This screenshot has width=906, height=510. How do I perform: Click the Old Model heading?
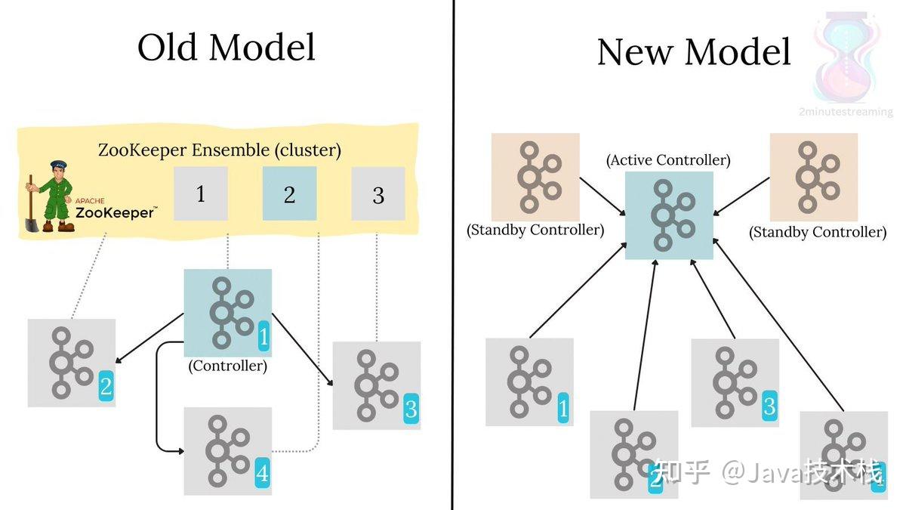click(x=226, y=48)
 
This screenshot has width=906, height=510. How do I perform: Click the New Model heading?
click(x=694, y=52)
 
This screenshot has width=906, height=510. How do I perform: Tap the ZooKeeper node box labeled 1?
click(x=200, y=194)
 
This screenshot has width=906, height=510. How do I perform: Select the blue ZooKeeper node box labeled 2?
click(x=289, y=194)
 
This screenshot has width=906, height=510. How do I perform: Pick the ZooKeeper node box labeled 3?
click(x=378, y=194)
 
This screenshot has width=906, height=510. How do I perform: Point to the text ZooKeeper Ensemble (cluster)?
click(x=219, y=150)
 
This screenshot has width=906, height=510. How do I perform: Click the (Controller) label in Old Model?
click(x=227, y=366)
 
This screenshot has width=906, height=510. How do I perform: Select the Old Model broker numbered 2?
click(x=72, y=363)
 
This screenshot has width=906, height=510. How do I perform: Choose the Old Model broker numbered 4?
click(x=227, y=451)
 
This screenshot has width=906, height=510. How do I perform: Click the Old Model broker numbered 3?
click(x=376, y=385)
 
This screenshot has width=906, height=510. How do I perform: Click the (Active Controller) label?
click(x=668, y=160)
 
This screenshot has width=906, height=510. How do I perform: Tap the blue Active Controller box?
click(x=669, y=215)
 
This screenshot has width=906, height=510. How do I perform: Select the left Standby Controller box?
click(x=535, y=178)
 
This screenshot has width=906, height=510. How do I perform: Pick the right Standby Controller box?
click(x=813, y=178)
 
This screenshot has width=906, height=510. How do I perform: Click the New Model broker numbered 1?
click(x=529, y=382)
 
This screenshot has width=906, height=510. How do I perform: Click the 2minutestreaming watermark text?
click(x=845, y=112)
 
